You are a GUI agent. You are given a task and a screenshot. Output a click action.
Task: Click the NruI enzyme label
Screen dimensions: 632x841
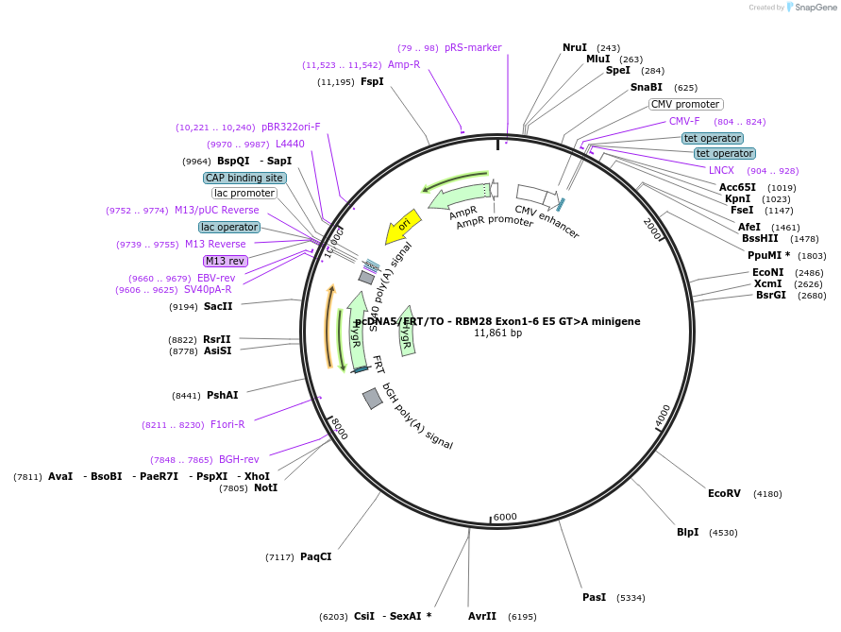click(x=575, y=47)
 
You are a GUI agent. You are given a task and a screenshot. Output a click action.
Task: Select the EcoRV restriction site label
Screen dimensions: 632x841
click(x=725, y=493)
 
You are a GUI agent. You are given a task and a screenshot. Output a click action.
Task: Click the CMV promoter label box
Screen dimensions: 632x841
click(x=685, y=105)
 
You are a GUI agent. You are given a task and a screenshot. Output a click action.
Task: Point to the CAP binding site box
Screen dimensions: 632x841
click(x=244, y=178)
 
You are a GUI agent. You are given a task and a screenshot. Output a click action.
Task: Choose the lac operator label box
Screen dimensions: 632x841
click(x=229, y=227)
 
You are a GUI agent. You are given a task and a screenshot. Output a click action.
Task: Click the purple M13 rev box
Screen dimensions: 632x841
click(x=225, y=261)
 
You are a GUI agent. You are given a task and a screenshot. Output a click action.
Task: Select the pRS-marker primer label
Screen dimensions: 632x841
click(x=473, y=47)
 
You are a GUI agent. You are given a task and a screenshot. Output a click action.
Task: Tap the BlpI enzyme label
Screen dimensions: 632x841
click(x=688, y=532)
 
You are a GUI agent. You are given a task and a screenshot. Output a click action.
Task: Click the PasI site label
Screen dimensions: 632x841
click(x=594, y=597)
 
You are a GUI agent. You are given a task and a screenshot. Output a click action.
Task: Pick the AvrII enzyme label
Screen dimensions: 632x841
click(x=482, y=616)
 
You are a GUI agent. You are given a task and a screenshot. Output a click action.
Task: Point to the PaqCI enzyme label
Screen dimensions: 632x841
click(x=316, y=556)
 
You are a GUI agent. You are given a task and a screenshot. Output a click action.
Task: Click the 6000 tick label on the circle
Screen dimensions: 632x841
click(x=505, y=517)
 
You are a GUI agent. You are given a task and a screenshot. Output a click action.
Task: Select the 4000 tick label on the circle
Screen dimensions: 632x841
click(x=663, y=413)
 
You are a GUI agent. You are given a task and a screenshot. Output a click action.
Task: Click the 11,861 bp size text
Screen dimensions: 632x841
click(x=497, y=333)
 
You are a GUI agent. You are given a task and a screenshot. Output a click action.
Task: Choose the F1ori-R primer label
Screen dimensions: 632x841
click(x=227, y=425)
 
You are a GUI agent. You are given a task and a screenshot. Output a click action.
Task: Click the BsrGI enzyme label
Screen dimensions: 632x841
click(x=771, y=295)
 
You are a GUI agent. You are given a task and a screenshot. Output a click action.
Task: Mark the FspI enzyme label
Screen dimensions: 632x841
click(x=372, y=81)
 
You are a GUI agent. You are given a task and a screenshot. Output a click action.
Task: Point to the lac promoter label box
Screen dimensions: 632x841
click(x=244, y=193)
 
